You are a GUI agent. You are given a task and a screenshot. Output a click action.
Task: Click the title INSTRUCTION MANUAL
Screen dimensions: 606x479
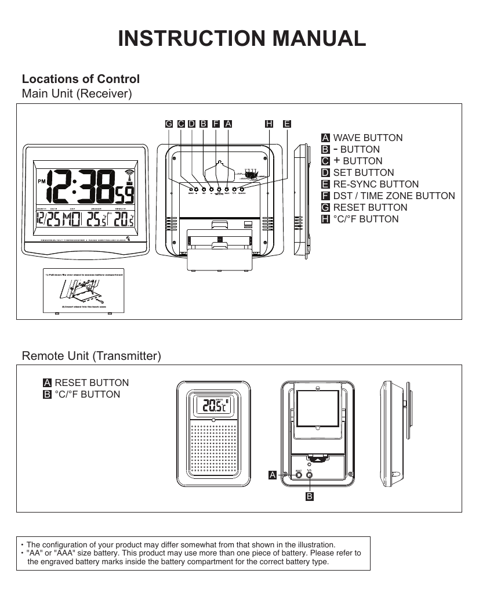tap(242, 38)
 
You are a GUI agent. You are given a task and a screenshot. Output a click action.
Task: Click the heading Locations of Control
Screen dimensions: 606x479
tap(81, 79)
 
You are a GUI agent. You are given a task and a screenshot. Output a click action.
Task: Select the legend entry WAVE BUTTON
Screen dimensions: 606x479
tap(368, 138)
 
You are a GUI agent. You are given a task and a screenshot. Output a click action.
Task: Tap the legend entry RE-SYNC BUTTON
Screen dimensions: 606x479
tap(376, 184)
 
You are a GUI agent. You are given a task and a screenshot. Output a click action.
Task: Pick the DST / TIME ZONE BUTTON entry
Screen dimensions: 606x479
tap(394, 196)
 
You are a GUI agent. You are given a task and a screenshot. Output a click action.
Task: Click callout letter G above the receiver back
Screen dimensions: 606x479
tap(169, 124)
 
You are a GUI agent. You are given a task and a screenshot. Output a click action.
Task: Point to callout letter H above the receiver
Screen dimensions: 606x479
tap(268, 124)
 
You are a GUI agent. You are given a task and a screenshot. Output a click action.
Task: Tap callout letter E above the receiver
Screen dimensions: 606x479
tap(287, 124)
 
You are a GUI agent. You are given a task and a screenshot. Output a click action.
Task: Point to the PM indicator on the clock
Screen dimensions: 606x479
tap(41, 181)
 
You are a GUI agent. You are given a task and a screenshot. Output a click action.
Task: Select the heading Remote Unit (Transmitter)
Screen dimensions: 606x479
tap(91, 355)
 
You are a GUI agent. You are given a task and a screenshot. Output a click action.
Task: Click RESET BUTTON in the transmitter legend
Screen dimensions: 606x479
tap(91, 383)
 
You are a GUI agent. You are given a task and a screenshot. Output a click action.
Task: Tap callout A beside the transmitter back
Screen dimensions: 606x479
tap(272, 475)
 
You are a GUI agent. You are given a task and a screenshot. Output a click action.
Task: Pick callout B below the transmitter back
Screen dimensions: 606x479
tap(310, 497)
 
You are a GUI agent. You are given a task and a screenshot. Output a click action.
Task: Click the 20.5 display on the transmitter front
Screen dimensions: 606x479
tap(211, 407)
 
